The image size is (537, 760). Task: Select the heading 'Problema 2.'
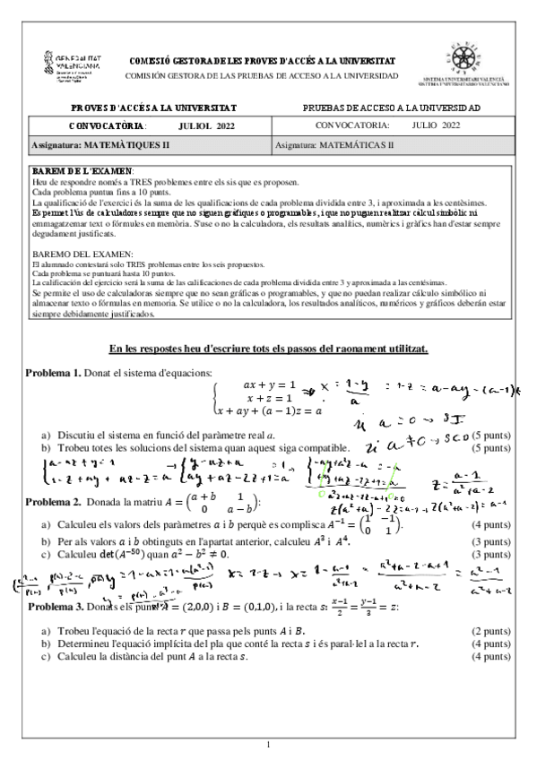(x=53, y=499)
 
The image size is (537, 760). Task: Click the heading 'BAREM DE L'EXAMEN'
(x=82, y=170)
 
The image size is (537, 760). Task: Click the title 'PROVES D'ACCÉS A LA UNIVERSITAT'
(x=154, y=108)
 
